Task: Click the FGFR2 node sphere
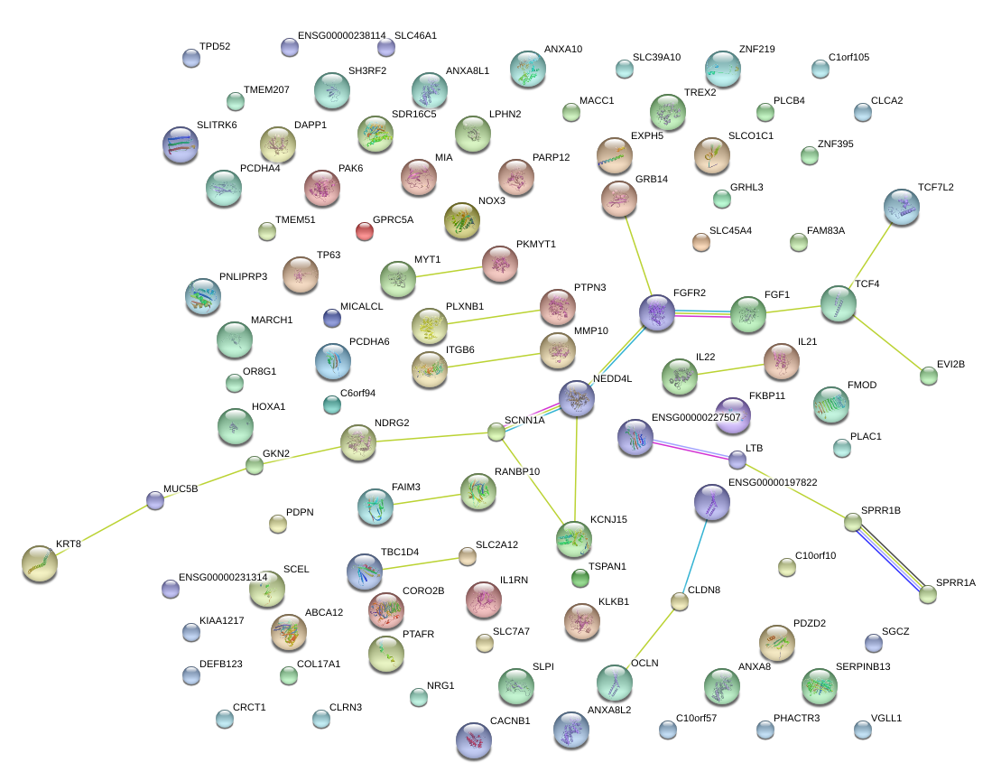pyautogui.click(x=657, y=312)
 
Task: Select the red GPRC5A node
pyautogui.click(x=365, y=231)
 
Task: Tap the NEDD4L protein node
pyautogui.click(x=577, y=397)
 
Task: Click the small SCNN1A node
pyautogui.click(x=496, y=432)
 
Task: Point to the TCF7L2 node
pyautogui.click(x=901, y=207)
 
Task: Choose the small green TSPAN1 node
pyautogui.click(x=580, y=577)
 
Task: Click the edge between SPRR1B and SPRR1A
pyautogui.click(x=890, y=558)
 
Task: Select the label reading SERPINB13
pyautogui.click(x=863, y=666)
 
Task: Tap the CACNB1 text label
pyautogui.click(x=510, y=721)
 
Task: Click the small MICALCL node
pyautogui.click(x=331, y=318)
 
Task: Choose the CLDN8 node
pyautogui.click(x=680, y=601)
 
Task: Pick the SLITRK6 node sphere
pyautogui.click(x=180, y=144)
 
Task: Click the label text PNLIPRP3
pyautogui.click(x=243, y=276)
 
